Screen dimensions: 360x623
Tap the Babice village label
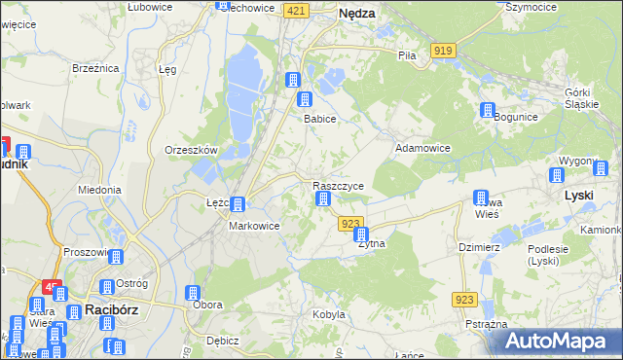319,119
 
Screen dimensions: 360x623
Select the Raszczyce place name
338,185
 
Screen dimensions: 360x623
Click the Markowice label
254,226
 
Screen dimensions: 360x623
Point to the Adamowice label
421,148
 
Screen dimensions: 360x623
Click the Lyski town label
579,195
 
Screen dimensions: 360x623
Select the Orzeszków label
190,150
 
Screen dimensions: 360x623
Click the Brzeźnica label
95,68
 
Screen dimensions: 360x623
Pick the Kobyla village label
329,314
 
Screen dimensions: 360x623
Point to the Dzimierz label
479,247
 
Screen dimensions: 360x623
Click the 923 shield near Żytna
351,224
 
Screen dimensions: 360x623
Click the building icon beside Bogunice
487,111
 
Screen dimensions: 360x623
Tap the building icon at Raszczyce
322,199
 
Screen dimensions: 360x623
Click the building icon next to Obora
192,293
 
